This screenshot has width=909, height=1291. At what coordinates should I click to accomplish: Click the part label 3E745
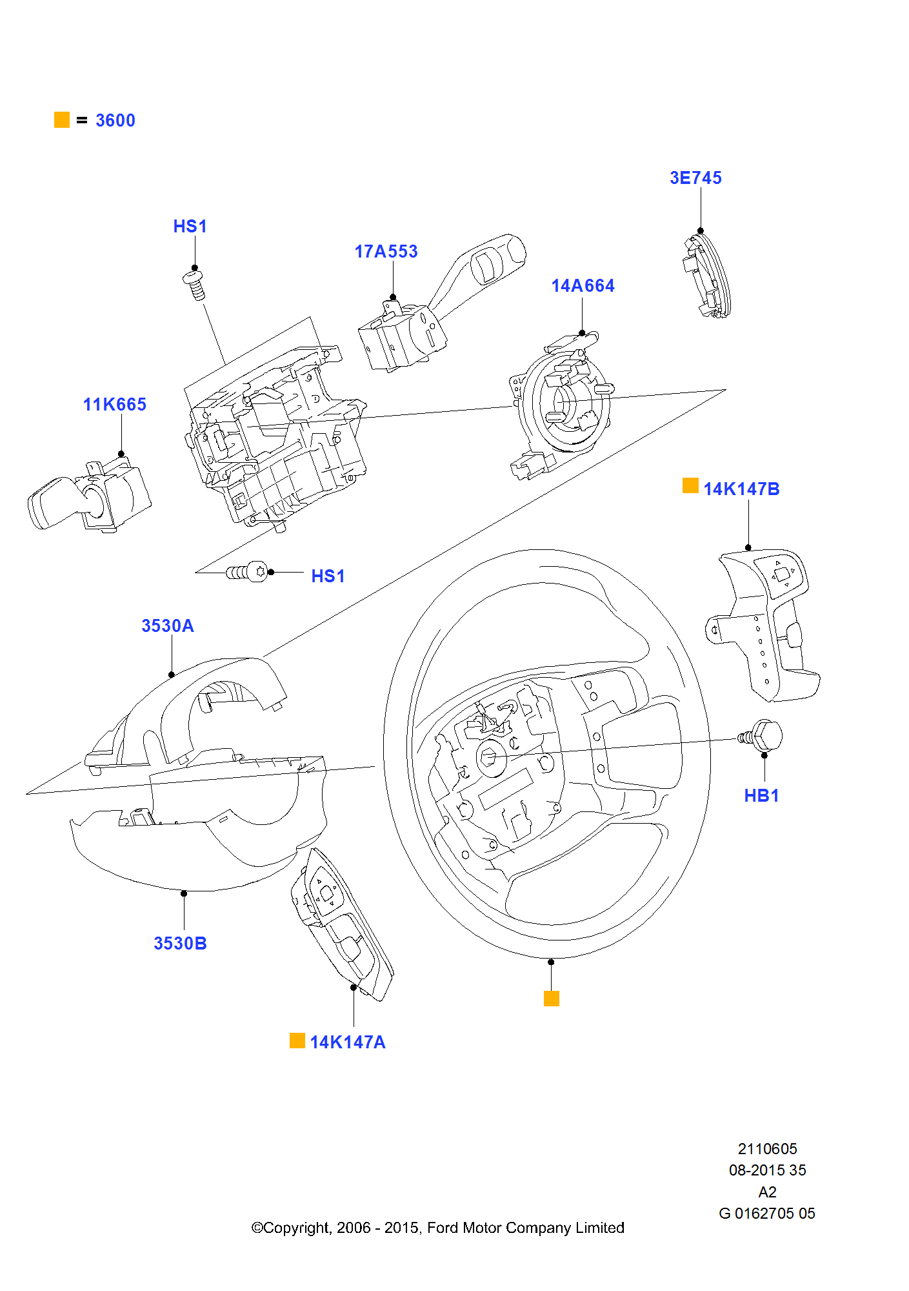point(695,178)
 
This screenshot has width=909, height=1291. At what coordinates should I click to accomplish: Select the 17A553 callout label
point(386,251)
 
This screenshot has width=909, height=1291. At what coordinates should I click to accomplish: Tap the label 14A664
point(583,285)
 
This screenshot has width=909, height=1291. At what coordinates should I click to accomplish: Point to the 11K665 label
point(115,404)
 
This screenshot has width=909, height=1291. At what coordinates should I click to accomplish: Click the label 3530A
point(168,625)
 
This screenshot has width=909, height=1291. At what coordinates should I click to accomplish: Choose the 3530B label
point(180,943)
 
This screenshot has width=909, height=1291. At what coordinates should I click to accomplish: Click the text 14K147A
point(348,1042)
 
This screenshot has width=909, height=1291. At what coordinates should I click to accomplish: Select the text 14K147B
point(741,489)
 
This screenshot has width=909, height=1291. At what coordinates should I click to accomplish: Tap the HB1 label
point(761,795)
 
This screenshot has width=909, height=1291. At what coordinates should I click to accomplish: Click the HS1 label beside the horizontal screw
point(328,576)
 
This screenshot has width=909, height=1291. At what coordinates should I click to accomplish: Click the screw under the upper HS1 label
point(195,285)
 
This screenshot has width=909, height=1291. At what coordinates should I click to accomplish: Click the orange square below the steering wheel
point(552,999)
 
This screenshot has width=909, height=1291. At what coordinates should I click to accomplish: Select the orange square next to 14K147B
point(690,485)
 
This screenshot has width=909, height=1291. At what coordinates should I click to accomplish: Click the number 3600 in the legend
point(115,120)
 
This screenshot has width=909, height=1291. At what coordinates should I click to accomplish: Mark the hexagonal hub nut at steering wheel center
point(490,757)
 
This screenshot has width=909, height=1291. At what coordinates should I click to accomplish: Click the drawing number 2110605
point(767,1148)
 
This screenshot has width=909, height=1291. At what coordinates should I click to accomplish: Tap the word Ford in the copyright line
point(443,1227)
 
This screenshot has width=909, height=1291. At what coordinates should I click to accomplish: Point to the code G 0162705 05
point(767,1213)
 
